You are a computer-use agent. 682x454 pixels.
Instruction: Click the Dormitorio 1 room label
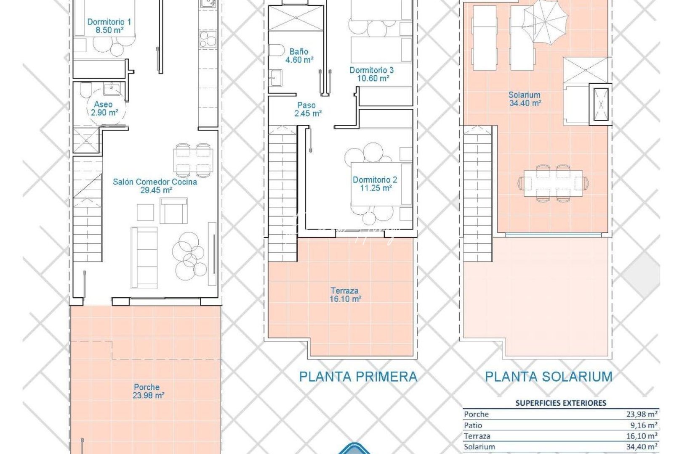[x=109, y=26]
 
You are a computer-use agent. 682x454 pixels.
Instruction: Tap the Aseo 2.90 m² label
[x=104, y=108]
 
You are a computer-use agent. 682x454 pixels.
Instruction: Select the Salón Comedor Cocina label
[x=155, y=186]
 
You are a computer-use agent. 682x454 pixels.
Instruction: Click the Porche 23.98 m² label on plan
[x=147, y=391]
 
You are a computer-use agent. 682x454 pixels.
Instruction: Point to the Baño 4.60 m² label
[x=299, y=55]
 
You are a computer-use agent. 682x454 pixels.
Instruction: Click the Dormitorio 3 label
[x=372, y=74]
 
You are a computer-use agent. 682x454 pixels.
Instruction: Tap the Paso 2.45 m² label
[x=307, y=109]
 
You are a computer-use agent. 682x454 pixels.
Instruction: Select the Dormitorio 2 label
[x=375, y=184]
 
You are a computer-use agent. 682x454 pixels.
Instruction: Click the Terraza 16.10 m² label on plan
[x=345, y=295]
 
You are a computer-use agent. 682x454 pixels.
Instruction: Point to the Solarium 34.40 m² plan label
[x=525, y=99]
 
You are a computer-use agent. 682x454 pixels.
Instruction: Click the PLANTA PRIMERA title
[x=358, y=377]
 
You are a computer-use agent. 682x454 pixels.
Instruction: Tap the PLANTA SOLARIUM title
[x=549, y=377]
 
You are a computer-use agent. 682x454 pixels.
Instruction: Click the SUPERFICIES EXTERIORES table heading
[x=561, y=403]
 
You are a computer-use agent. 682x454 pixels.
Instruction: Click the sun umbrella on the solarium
[x=546, y=21]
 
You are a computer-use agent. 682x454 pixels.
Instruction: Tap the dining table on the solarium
[x=553, y=183]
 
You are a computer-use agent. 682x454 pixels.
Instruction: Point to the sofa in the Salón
[x=144, y=257]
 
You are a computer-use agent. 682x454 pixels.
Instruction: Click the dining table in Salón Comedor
[x=193, y=160]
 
